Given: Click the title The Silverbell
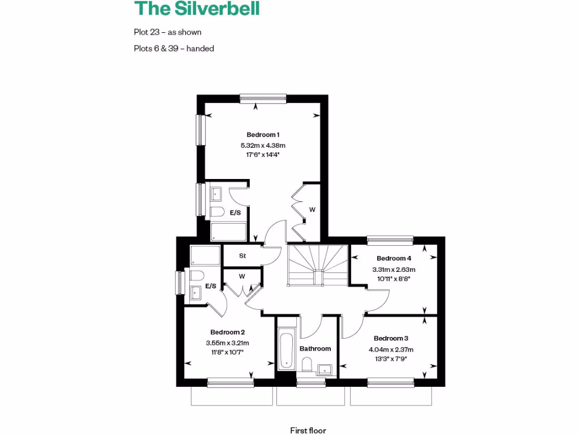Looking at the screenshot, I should click(x=197, y=9).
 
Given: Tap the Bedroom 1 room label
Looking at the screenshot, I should click(x=263, y=135).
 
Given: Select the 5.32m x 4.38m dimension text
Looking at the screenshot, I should click(x=263, y=146).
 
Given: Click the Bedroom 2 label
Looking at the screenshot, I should click(x=227, y=332).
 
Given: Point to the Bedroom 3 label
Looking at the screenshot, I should click(x=391, y=339).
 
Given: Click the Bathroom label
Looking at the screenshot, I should click(x=315, y=349).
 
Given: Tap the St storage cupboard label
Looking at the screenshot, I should click(x=242, y=256).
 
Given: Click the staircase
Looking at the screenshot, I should click(x=317, y=265).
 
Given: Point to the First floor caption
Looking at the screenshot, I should click(x=308, y=431).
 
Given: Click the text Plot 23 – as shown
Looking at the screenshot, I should click(x=168, y=32).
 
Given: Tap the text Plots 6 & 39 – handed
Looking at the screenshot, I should click(x=174, y=49).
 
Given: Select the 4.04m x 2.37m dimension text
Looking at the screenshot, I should click(x=391, y=349).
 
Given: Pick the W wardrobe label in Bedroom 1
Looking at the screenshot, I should click(x=312, y=210).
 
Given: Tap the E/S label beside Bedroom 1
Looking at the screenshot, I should click(x=235, y=213).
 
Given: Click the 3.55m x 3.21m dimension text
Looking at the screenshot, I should click(x=227, y=343).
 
